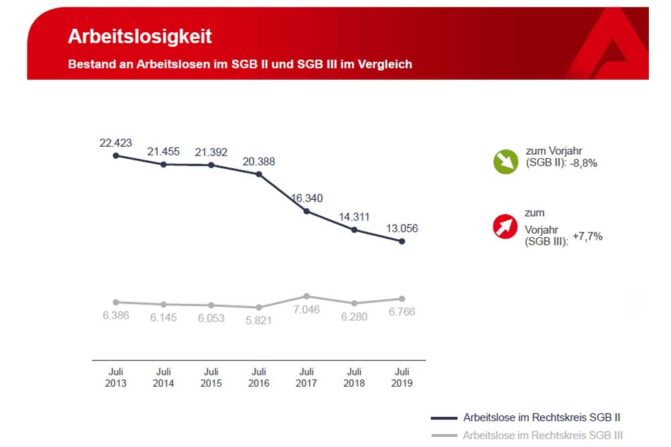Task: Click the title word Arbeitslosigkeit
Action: (140, 36)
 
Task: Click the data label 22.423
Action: (115, 143)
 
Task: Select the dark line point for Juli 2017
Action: (307, 211)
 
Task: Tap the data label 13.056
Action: (401, 228)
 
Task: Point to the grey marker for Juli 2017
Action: (307, 296)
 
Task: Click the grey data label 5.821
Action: (258, 320)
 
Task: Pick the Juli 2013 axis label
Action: (115, 377)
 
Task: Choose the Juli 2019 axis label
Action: (402, 377)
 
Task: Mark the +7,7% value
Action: (587, 236)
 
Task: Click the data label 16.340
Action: (306, 198)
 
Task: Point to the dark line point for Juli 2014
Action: (163, 164)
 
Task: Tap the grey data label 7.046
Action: (306, 310)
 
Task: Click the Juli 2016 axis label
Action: (258, 377)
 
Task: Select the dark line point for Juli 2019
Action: (402, 241)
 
